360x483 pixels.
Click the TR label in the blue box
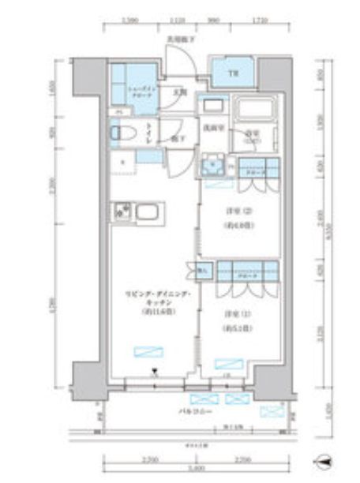tap(233, 75)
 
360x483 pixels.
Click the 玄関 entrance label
tap(180, 93)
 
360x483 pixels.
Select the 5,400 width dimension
tap(182, 469)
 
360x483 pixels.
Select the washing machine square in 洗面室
tap(209, 167)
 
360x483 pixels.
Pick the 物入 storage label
tap(201, 271)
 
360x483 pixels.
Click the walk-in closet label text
tap(144, 93)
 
